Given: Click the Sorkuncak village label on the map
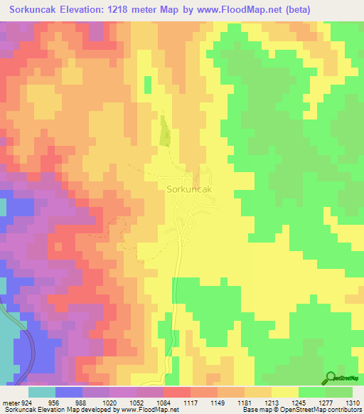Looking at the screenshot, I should pyautogui.click(x=189, y=190).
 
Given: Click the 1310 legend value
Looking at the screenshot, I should pyautogui.click(x=353, y=403).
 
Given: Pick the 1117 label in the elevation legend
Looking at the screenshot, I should pyautogui.click(x=190, y=403).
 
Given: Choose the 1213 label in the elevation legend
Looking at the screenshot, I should pyautogui.click(x=271, y=403).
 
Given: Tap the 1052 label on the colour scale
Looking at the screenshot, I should pyautogui.click(x=136, y=403).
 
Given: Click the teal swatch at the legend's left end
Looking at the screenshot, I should pyautogui.click(x=41, y=392).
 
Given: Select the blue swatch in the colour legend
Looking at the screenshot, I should pyautogui.click(x=68, y=392).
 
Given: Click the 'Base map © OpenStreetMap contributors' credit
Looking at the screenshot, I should pyautogui.click(x=301, y=410).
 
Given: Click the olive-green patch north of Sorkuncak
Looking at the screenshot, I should pyautogui.click(x=165, y=132).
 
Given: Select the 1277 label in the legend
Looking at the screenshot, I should pyautogui.click(x=325, y=403).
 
